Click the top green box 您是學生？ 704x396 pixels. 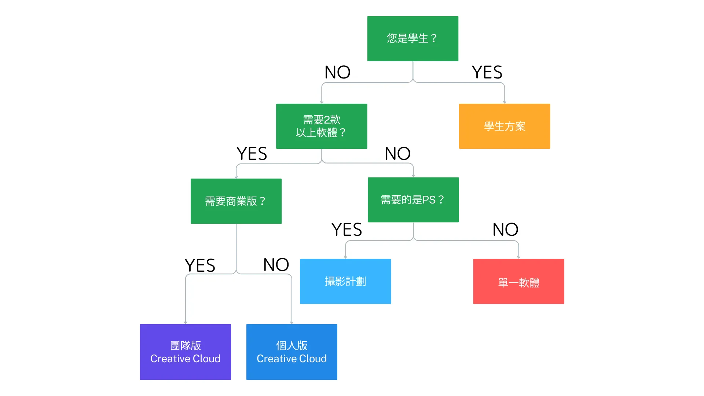click(x=412, y=38)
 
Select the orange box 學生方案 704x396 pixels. click(x=504, y=126)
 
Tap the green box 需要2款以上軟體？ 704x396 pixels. click(x=321, y=126)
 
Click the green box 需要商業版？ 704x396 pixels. click(x=236, y=201)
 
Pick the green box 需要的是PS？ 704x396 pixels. click(x=413, y=200)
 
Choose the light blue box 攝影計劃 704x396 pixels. click(x=345, y=281)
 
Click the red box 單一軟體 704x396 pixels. click(x=518, y=281)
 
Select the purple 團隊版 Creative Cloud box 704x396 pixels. click(x=185, y=352)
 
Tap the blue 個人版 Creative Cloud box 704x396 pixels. click(x=291, y=352)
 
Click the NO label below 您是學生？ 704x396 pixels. click(x=337, y=72)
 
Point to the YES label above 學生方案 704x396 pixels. click(x=487, y=72)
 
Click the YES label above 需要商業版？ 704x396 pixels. click(x=252, y=154)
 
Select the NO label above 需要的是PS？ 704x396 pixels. click(x=397, y=154)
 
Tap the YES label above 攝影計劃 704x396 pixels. click(x=346, y=230)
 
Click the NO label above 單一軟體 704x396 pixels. click(x=505, y=230)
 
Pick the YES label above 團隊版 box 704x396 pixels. click(x=200, y=265)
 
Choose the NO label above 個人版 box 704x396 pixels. click(x=276, y=265)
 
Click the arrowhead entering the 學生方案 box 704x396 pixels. click(x=505, y=102)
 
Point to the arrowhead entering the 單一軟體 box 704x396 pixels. click(x=518, y=257)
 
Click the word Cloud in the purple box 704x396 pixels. click(x=206, y=359)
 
